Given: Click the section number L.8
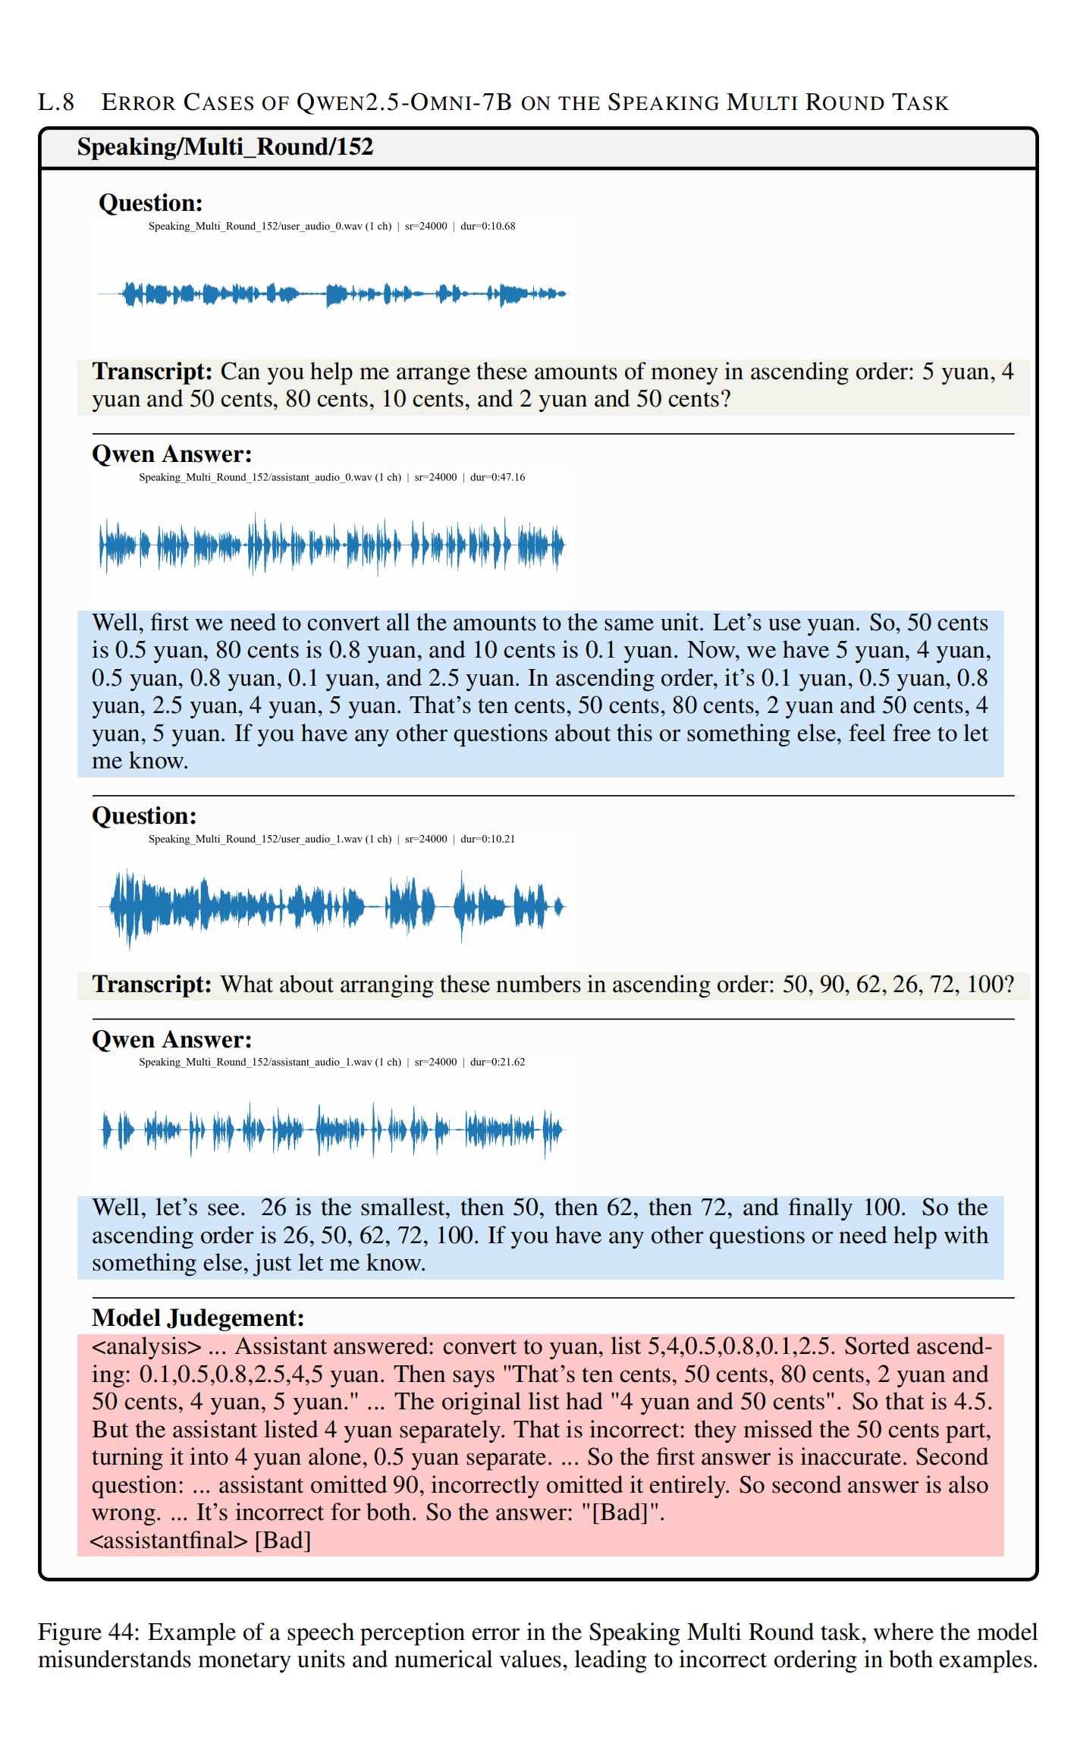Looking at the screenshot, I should point(56,102).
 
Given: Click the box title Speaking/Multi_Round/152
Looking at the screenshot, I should point(225,147).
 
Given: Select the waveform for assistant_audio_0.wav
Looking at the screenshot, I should point(332,544).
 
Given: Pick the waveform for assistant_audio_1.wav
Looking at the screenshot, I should point(332,1130).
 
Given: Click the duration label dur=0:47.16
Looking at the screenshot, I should point(498,477).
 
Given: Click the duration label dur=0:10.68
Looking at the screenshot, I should point(488,226).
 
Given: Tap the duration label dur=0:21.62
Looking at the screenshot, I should point(498,1062).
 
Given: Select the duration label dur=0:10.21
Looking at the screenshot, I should point(488,839).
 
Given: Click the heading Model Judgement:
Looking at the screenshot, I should point(198,1318).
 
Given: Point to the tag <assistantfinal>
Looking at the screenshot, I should point(169,1541).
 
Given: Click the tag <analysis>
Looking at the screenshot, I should point(147,1346).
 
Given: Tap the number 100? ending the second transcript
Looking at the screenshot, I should point(990,985).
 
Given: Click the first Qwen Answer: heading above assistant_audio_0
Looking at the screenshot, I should point(172,454).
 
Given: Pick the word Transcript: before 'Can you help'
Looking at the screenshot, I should point(152,372).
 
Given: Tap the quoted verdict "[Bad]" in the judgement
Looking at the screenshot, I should point(622,1512).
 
